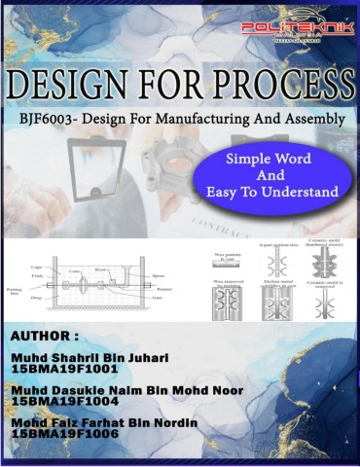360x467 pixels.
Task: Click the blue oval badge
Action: tap(270, 176)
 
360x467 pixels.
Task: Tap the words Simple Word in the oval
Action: tap(270, 159)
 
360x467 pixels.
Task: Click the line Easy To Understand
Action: tap(270, 193)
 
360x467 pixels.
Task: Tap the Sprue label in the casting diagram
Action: tap(163, 274)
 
